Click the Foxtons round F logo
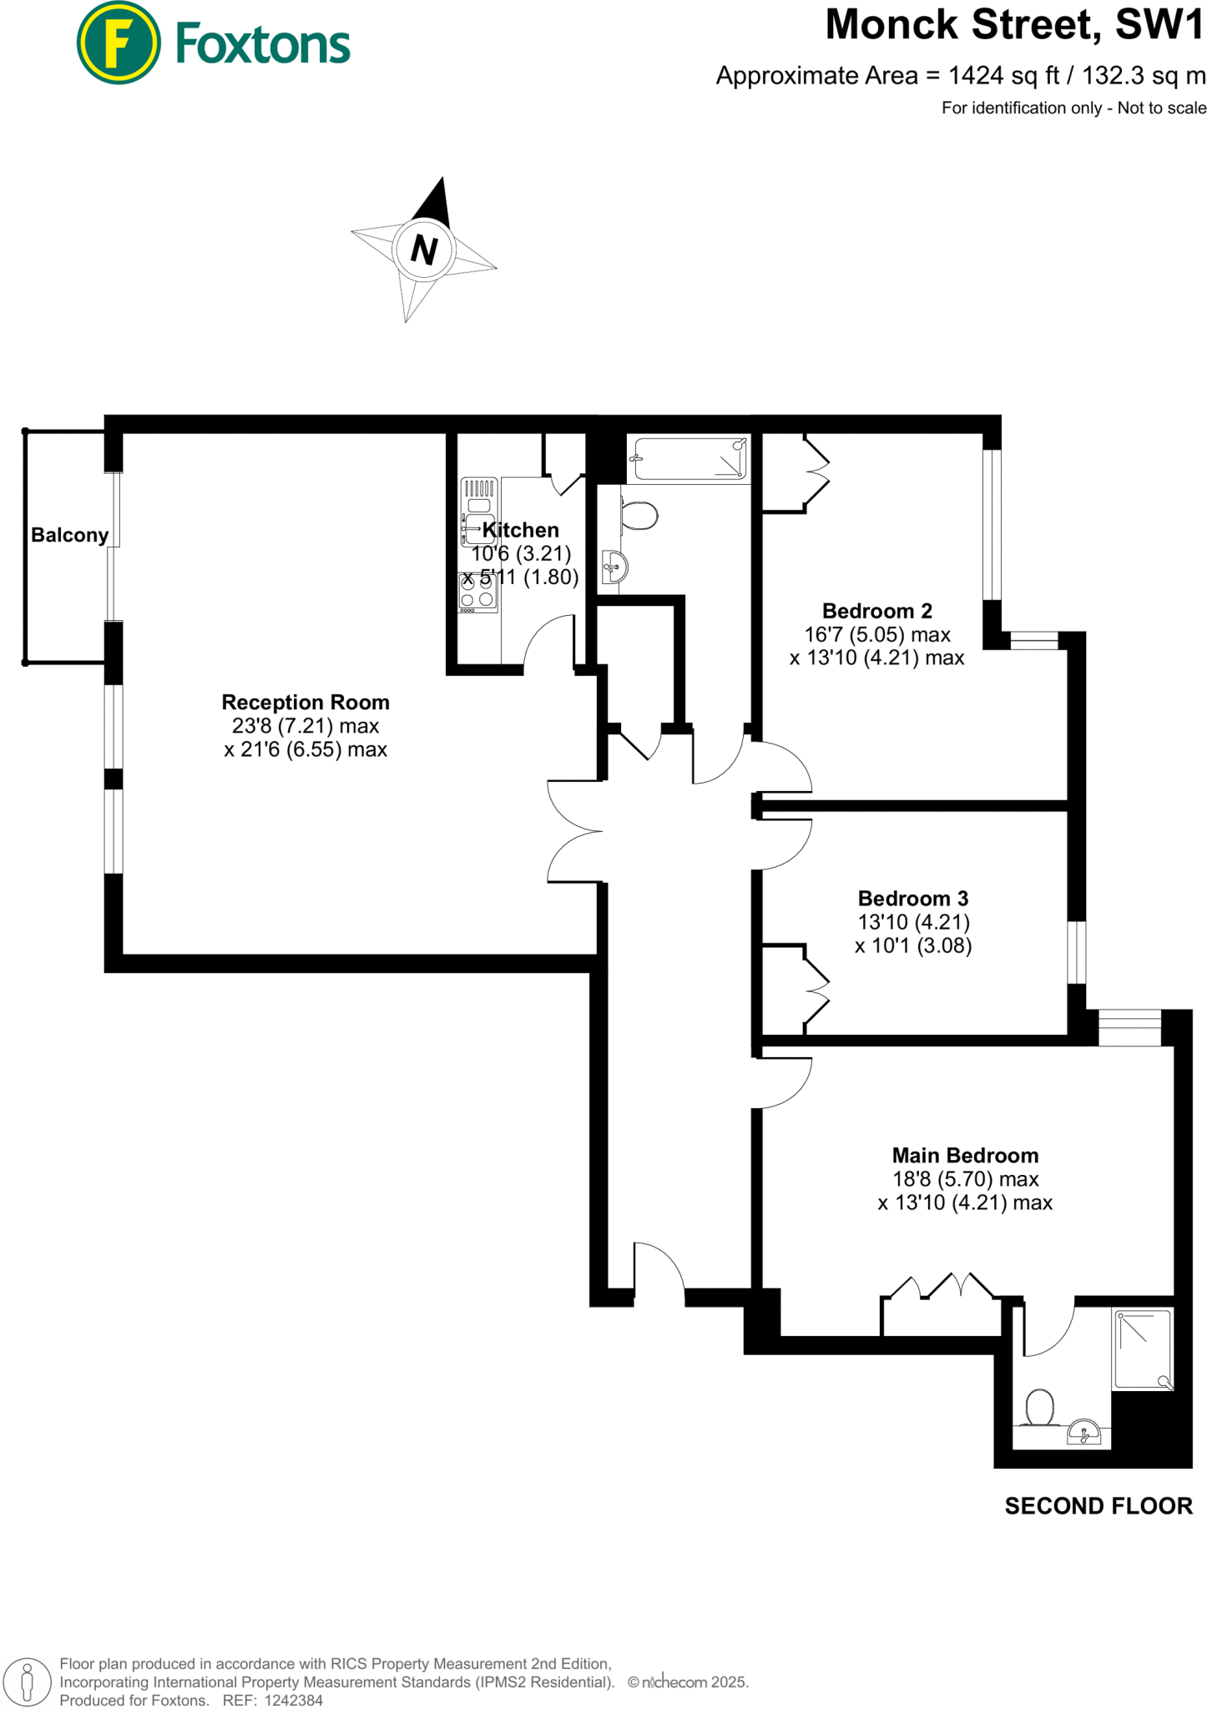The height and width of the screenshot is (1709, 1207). coord(119,43)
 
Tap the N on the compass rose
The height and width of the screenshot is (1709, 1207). coord(424,250)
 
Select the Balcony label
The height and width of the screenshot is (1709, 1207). coord(70,535)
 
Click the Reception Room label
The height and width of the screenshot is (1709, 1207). coord(306,702)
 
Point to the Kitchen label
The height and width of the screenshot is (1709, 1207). coord(521,530)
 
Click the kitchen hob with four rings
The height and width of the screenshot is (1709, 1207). coord(478,592)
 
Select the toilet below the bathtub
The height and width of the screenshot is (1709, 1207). coord(639,515)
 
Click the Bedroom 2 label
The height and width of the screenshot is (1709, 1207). coord(877,611)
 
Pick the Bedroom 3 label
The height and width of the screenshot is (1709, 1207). coord(913,899)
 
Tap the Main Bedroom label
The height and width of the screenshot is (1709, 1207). coord(965,1156)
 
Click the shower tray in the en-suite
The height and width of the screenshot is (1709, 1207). coord(1143,1349)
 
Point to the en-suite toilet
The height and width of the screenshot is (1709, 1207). coord(1040,1408)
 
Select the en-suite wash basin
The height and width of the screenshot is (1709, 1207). coord(1084,1432)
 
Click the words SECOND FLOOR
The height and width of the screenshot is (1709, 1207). coord(1098,1506)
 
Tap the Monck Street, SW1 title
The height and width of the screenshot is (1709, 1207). coord(1015,25)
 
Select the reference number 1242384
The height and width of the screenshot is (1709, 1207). coord(293,1700)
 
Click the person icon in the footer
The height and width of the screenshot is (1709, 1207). coord(28,1681)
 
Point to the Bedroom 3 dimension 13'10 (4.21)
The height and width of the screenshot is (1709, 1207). coord(913,922)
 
